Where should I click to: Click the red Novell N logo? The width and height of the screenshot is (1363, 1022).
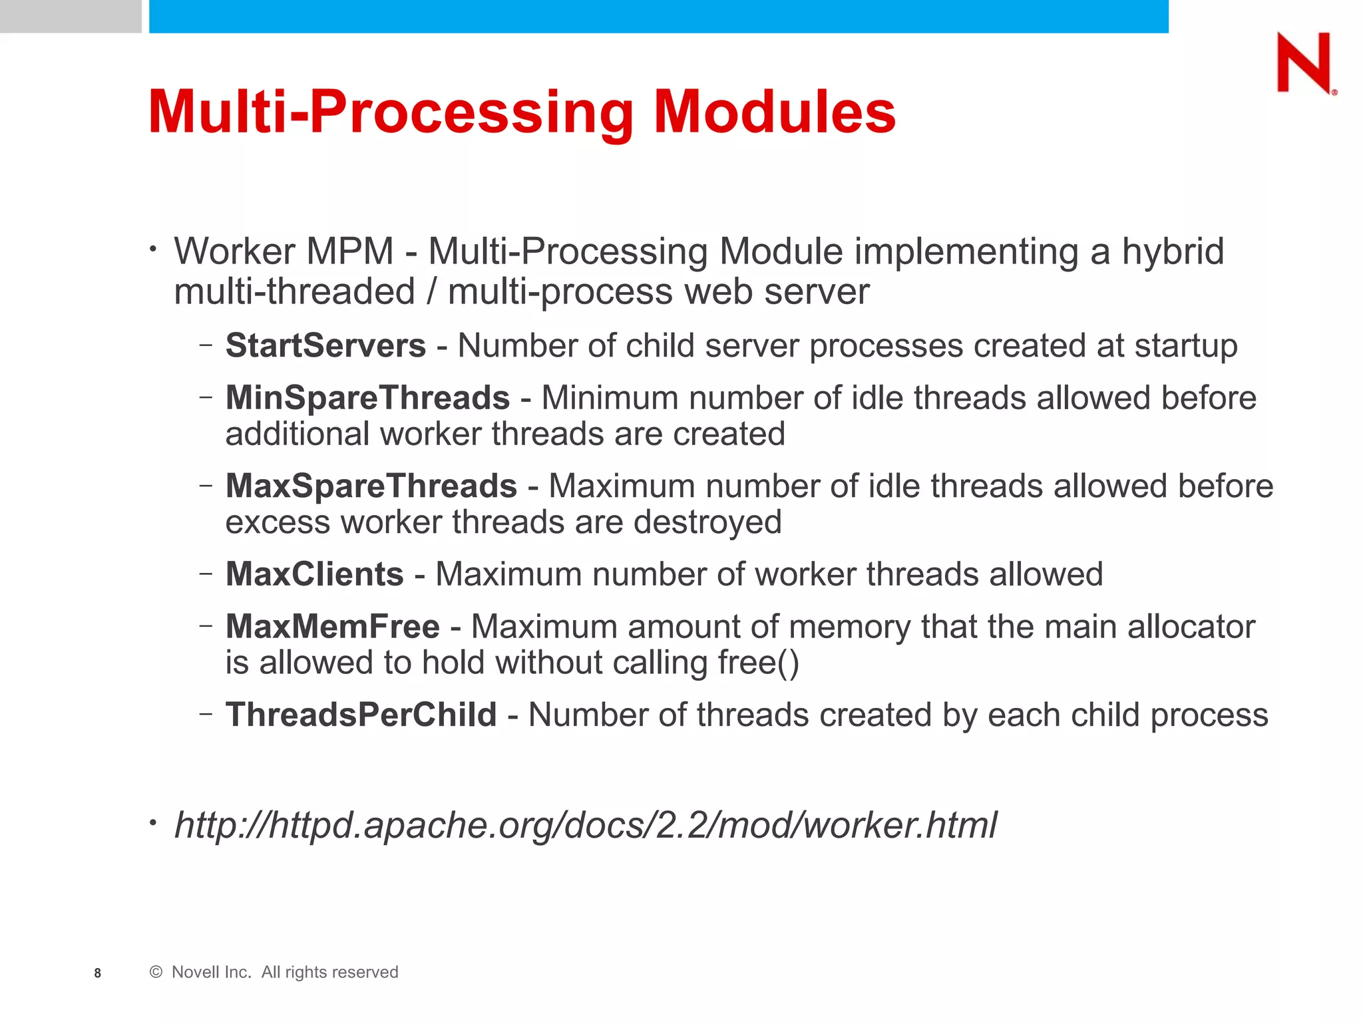[x=1304, y=63]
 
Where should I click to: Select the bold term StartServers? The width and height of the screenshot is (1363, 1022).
[x=325, y=345]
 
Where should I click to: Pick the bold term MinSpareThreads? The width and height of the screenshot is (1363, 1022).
[x=367, y=398]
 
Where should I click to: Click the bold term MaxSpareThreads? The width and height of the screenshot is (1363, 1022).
[x=371, y=486]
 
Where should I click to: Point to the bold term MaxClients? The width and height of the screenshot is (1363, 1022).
[x=314, y=574]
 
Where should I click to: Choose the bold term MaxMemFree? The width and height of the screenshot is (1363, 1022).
[x=332, y=626]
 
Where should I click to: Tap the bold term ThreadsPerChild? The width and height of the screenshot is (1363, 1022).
[x=361, y=715]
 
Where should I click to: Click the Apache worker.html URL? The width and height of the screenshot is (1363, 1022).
[x=585, y=825]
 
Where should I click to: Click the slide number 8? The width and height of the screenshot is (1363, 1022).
[x=98, y=973]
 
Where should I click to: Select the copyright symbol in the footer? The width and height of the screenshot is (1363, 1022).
[x=156, y=972]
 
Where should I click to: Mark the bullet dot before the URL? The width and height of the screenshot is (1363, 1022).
[x=153, y=824]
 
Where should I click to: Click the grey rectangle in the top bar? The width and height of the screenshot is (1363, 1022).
[x=71, y=16]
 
